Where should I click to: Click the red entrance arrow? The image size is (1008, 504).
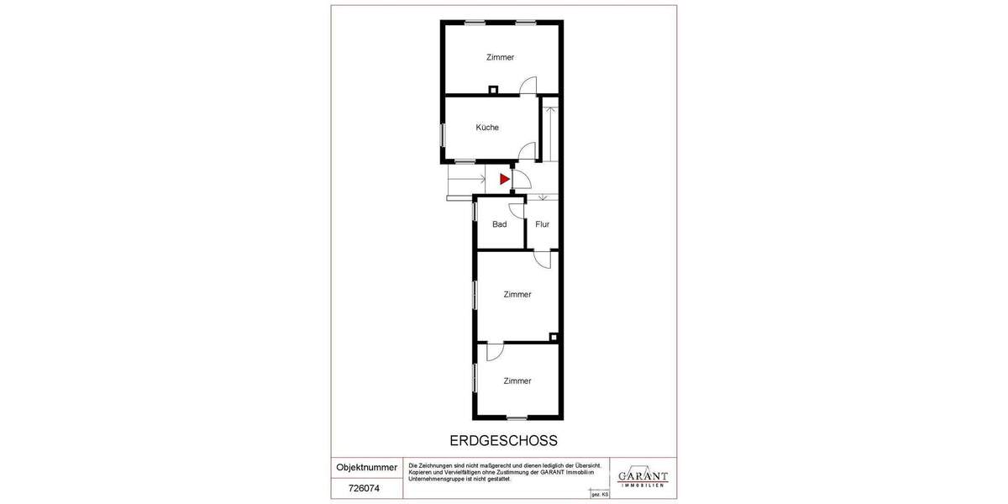click(505, 179)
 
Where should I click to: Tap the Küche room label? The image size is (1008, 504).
click(487, 128)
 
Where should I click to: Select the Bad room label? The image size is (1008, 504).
click(500, 224)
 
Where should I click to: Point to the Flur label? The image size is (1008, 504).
click(542, 224)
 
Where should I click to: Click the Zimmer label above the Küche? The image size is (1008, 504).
click(500, 57)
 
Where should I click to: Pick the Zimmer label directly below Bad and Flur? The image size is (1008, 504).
click(517, 295)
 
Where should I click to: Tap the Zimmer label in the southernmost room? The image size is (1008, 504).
click(517, 381)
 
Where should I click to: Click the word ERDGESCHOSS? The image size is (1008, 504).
click(504, 440)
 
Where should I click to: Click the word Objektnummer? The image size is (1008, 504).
click(367, 467)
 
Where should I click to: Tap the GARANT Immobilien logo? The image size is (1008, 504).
click(643, 477)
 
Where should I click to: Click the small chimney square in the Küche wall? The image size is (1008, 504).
click(494, 89)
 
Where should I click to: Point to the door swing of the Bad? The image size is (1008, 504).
click(517, 211)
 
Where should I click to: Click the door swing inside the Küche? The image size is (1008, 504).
click(527, 151)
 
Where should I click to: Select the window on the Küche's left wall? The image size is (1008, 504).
click(442, 134)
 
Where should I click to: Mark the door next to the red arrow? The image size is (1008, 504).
click(521, 179)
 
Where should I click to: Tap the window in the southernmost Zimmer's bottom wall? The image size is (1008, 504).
click(517, 417)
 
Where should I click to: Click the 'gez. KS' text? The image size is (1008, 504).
click(600, 495)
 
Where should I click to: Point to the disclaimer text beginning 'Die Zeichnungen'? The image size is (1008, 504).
click(504, 471)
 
